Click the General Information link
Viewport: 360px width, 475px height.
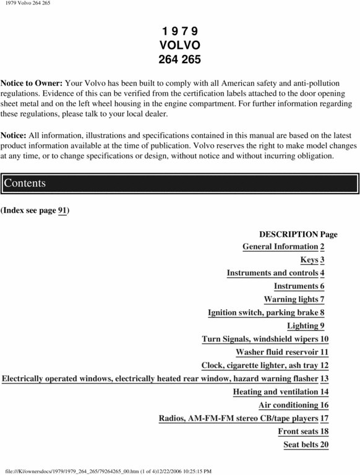pos(283,247)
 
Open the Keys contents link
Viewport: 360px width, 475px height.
pos(312,260)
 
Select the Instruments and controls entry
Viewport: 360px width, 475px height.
pos(275,273)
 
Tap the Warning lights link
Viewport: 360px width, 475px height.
pos(294,299)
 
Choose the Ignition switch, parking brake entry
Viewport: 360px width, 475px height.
pos(266,312)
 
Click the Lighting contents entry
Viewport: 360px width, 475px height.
pos(306,325)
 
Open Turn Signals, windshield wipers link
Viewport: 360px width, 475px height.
pos(265,339)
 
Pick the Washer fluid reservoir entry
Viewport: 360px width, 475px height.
pos(281,352)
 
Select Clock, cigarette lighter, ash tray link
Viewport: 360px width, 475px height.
pos(265,365)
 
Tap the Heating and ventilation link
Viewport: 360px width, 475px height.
pos(280,392)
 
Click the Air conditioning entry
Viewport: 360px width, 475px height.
pos(293,405)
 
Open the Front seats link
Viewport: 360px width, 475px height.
pos(303,431)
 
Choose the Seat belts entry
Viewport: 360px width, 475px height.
pos(306,444)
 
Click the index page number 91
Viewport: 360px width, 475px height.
pos(62,211)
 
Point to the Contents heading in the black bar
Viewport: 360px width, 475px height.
pos(24,184)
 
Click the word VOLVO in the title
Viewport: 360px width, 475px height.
pos(179,45)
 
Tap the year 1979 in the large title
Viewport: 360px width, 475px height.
pos(179,31)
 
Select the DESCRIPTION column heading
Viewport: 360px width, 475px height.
pos(288,234)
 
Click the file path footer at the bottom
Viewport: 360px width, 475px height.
pos(108,471)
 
